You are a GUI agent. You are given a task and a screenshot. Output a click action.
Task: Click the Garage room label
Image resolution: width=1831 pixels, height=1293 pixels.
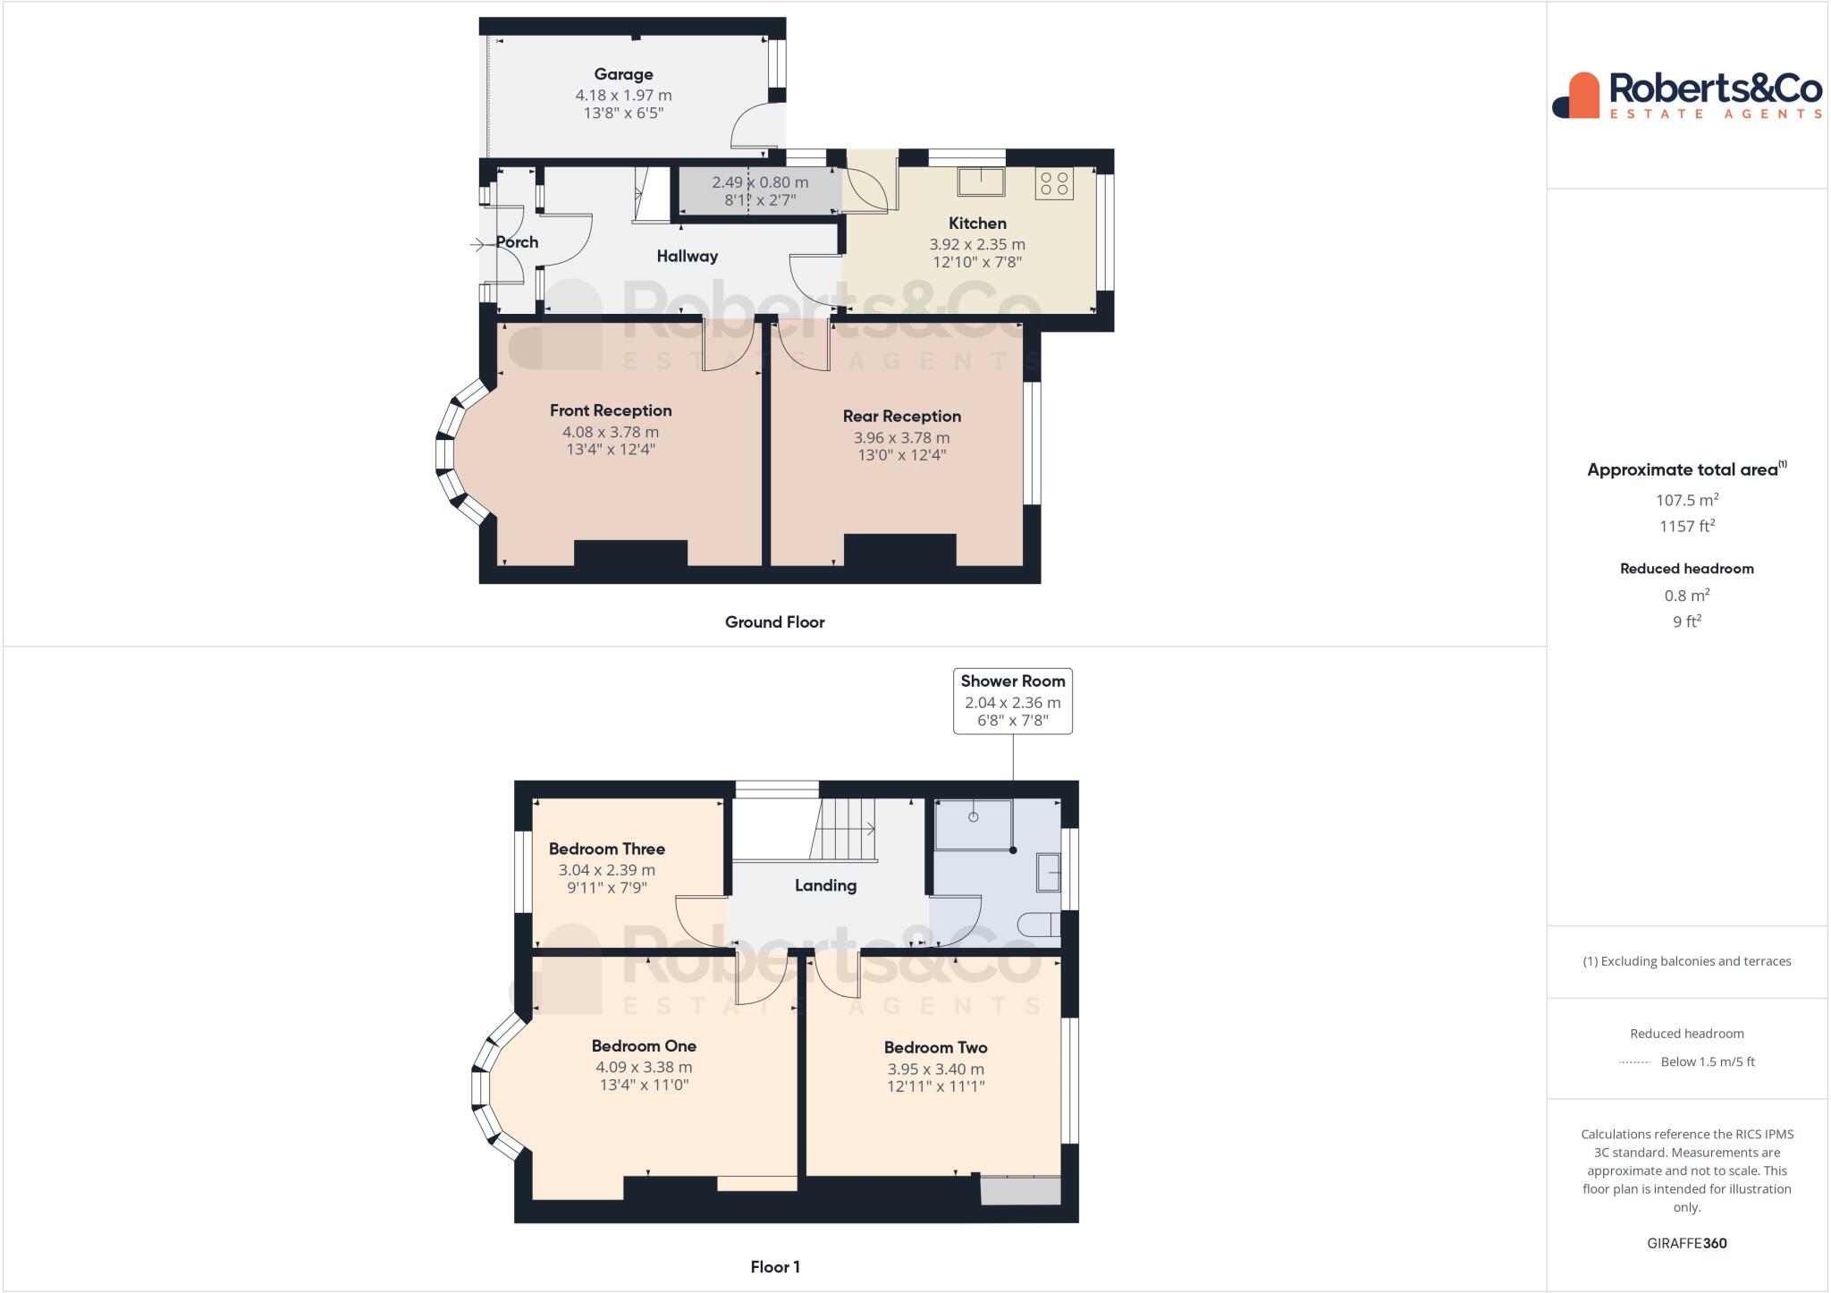(x=623, y=74)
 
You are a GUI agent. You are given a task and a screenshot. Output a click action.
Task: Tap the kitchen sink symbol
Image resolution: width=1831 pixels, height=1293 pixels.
(x=981, y=182)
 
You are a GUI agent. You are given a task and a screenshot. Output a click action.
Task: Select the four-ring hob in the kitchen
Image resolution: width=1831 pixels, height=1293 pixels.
(x=1054, y=183)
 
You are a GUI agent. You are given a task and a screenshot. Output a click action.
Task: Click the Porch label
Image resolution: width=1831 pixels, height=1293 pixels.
(x=517, y=242)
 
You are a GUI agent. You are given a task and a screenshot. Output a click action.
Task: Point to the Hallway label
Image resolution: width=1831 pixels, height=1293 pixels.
(x=687, y=257)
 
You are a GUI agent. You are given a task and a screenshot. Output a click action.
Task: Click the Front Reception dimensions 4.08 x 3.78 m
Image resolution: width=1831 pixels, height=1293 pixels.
(x=611, y=432)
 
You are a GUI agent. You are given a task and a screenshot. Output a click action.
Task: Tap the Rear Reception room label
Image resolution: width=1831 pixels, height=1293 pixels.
(x=901, y=416)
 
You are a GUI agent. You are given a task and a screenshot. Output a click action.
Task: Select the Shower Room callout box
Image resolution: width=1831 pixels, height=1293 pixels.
(x=1012, y=701)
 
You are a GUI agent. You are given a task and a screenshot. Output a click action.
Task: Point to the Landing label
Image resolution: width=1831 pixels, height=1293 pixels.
(x=825, y=885)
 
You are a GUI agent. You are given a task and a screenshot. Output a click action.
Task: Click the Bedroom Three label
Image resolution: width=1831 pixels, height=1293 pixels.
(x=606, y=849)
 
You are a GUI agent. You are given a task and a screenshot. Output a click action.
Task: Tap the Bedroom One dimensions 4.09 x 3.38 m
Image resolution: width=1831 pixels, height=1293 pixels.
(x=644, y=1067)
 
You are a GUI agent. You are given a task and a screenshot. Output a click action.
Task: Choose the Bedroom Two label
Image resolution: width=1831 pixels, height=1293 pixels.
(x=935, y=1047)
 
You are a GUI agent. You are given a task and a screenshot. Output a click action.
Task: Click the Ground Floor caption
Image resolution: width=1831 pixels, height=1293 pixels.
(x=774, y=622)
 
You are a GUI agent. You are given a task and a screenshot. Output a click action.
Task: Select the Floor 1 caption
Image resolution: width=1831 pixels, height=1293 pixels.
(x=774, y=1267)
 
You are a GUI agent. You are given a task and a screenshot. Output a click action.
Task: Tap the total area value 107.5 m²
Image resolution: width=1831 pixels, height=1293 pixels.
(x=1686, y=500)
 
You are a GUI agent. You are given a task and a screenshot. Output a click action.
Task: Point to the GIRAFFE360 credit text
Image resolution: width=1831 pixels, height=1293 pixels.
(x=1686, y=1243)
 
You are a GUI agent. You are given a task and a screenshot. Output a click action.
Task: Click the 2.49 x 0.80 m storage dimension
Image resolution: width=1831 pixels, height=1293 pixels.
(x=760, y=182)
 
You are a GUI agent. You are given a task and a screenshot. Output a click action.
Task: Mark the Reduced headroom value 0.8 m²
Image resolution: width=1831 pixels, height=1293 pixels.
(x=1686, y=596)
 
